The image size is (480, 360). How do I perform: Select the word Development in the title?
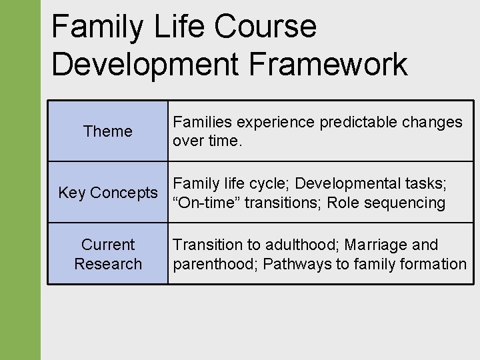143,65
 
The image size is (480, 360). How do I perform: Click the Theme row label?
107,131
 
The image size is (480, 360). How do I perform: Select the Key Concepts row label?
107,193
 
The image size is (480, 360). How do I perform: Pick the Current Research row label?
107,254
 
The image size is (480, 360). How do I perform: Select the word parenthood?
214,264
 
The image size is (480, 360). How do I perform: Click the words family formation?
407,264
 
